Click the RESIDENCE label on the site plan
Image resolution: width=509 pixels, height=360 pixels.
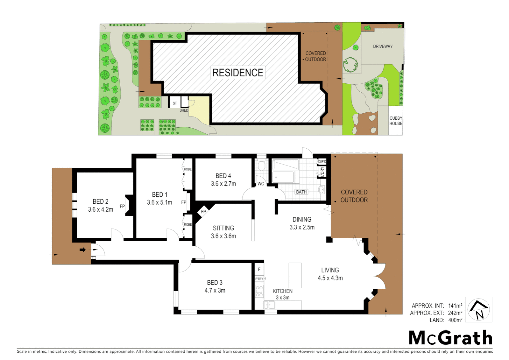point(238,73)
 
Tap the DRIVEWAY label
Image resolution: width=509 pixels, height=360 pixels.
point(383,46)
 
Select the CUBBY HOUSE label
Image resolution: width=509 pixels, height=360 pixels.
point(396,121)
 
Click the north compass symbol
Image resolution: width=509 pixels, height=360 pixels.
point(478,310)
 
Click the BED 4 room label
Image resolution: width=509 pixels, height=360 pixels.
point(223,176)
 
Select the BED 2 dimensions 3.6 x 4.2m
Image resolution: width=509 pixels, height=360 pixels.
point(101,210)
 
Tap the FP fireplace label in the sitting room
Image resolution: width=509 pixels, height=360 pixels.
point(204,212)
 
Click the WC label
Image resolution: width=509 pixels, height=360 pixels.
point(261,184)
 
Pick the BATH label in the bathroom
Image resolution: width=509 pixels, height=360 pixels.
point(301,192)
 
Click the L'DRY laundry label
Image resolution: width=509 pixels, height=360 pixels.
point(322,171)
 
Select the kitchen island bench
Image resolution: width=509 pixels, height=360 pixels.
point(295,275)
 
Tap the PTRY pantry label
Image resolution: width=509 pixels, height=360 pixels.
point(259,279)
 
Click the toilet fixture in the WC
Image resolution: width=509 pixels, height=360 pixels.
point(261,166)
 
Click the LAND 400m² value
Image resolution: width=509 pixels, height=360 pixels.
point(455,320)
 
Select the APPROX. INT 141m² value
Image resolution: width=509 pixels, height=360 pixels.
point(455,306)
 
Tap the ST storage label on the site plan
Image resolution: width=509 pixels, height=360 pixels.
point(175,103)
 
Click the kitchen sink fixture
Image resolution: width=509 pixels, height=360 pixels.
point(269,305)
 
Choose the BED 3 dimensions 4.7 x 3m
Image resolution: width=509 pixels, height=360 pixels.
point(215,291)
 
